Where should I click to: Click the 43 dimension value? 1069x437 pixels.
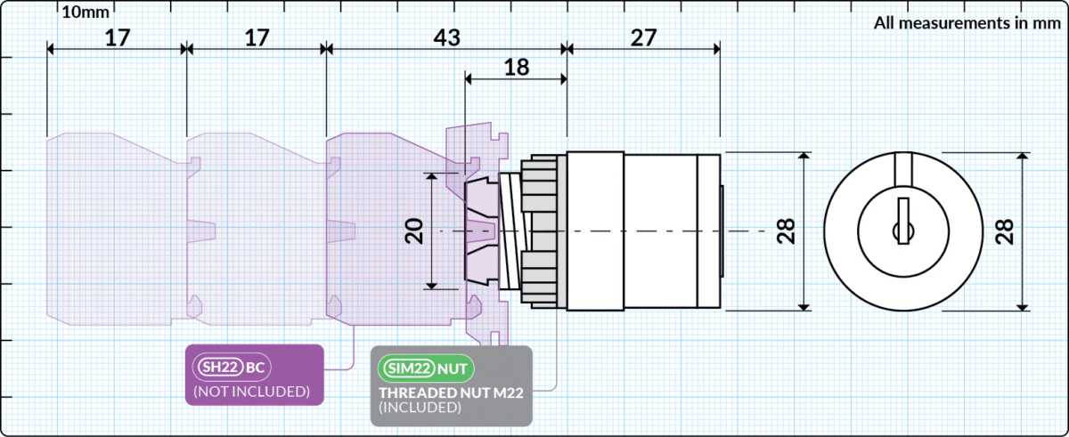tap(446, 38)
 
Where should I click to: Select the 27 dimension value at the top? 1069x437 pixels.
tap(642, 38)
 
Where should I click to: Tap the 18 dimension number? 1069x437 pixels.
tap(516, 68)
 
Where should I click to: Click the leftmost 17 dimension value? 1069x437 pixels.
tap(117, 38)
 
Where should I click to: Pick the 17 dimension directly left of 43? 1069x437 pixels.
tap(257, 38)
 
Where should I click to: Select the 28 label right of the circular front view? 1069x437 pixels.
tap(1004, 231)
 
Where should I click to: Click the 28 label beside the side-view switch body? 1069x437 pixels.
tap(787, 231)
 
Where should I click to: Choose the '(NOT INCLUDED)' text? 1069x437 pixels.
tap(251, 392)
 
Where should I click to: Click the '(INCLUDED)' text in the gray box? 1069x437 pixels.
tap(420, 408)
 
